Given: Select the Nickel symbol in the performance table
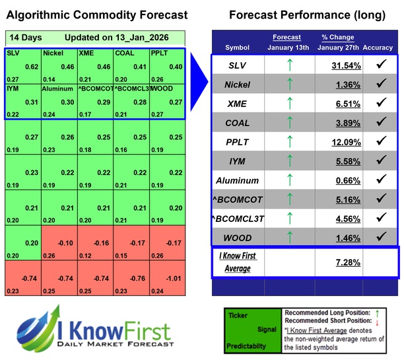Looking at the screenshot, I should pos(237,85).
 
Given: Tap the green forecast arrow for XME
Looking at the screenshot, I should pos(288,104).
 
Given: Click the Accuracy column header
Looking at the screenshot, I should pos(378,48).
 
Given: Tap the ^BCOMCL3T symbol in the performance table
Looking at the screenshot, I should pos(237,217).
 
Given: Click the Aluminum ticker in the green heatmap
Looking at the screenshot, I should pos(57,88).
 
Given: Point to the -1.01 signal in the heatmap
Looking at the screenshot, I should pos(172,279).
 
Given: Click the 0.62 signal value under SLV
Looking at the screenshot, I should pos(32,67).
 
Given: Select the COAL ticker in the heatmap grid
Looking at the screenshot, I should pos(124,53).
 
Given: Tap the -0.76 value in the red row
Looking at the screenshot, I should pos(137,279).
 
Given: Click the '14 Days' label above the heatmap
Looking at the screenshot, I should pos(23,38).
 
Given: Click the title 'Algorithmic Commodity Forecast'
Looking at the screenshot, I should pos(96,15).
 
